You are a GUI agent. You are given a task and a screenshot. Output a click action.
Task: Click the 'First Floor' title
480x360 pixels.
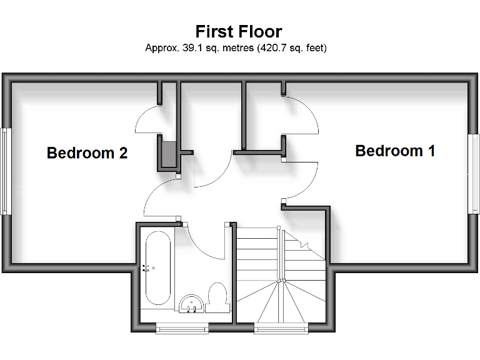239,31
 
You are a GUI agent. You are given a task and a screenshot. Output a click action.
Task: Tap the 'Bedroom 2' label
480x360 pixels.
87,153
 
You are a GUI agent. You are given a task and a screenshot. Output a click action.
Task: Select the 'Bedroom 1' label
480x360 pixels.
395,151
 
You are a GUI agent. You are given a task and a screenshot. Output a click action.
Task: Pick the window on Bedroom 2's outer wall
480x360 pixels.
6,171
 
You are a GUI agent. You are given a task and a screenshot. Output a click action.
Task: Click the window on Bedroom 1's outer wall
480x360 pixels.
474,174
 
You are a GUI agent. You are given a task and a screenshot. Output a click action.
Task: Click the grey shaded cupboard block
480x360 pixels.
167,154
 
